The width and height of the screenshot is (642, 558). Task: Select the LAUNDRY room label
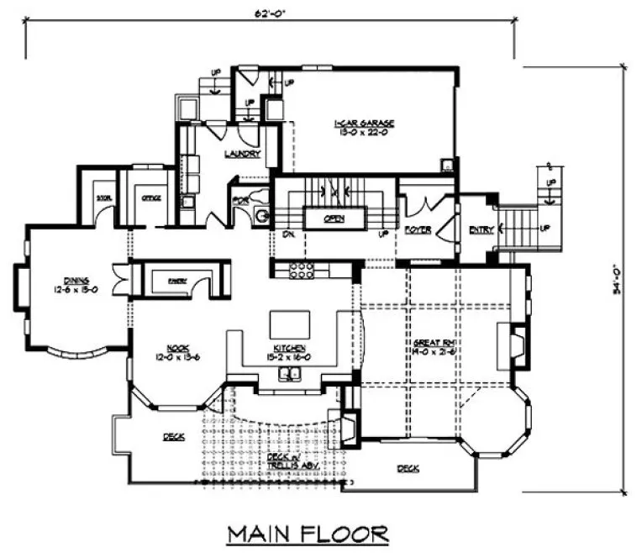tap(242, 153)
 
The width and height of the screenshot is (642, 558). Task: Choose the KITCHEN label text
tap(287, 347)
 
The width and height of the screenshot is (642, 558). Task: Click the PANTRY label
tap(176, 280)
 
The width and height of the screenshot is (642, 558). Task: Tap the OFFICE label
tap(151, 198)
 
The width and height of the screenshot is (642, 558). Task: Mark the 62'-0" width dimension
tap(270, 13)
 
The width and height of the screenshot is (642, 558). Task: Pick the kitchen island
tap(288, 324)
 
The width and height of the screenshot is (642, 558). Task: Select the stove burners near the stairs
tap(302, 271)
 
